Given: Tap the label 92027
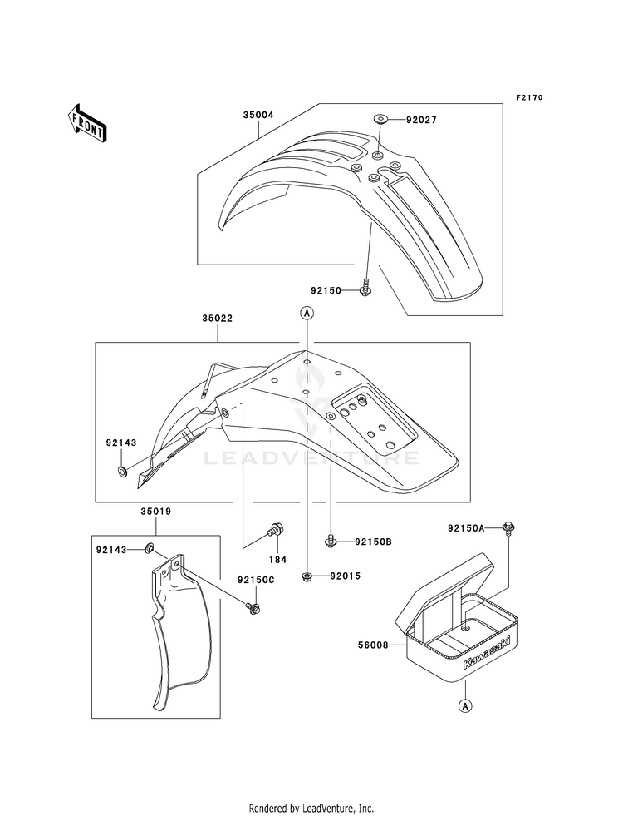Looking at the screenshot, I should click(x=421, y=120).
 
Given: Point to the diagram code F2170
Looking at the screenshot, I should click(x=528, y=98).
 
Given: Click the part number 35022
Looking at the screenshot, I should click(x=216, y=317).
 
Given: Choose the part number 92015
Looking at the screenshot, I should click(x=346, y=576).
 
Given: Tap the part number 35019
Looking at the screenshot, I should click(x=157, y=512).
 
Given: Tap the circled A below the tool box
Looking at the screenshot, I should click(x=466, y=706).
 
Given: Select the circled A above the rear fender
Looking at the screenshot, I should click(x=307, y=313).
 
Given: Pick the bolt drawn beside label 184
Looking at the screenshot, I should click(x=277, y=528).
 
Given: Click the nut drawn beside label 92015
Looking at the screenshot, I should click(x=308, y=576).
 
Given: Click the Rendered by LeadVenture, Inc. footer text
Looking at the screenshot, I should click(x=311, y=808).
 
